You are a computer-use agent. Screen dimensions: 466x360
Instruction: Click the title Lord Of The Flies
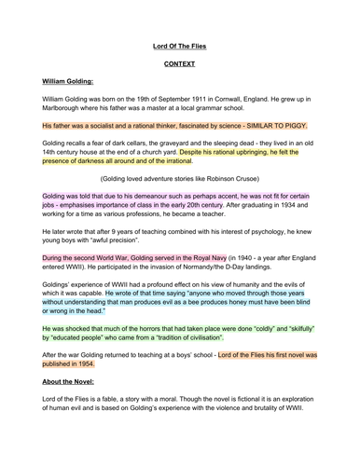click(x=180, y=43)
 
